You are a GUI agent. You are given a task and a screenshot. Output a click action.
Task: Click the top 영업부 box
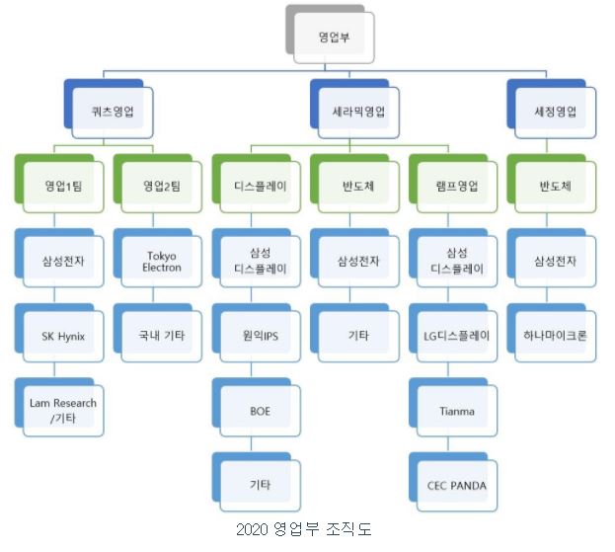(333, 38)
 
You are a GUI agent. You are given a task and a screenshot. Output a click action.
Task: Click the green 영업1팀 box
(62, 186)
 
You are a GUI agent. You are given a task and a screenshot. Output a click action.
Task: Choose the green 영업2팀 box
(159, 186)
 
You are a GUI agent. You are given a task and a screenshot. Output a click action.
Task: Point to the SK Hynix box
(62, 336)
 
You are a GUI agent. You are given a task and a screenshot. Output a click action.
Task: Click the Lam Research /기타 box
(62, 410)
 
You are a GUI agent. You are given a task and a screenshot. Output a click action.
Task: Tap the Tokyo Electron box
(159, 261)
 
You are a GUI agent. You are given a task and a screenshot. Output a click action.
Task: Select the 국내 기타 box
(159, 336)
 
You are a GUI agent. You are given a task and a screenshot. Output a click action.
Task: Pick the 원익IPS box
(259, 336)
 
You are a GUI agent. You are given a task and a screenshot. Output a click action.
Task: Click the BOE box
(259, 410)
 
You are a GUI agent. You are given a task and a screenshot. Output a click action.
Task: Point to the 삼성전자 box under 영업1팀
(62, 261)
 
